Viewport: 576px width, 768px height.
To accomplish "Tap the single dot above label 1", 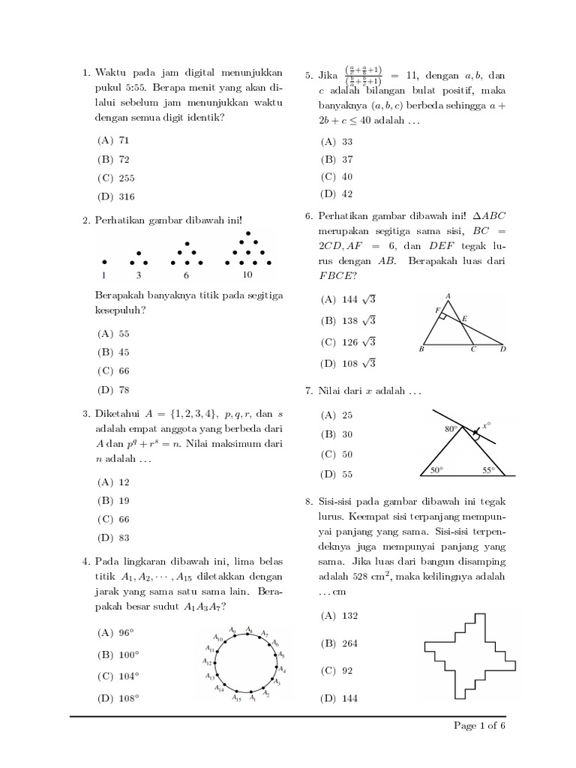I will [x=104, y=262].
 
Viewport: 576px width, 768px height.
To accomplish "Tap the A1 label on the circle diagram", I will [x=253, y=698].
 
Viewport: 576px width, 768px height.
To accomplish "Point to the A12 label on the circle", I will [x=207, y=661].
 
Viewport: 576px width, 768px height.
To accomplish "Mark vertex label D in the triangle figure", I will [x=503, y=349].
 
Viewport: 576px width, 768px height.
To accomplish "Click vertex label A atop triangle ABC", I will [x=448, y=295].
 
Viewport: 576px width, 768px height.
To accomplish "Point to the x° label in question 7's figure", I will [x=487, y=424].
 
